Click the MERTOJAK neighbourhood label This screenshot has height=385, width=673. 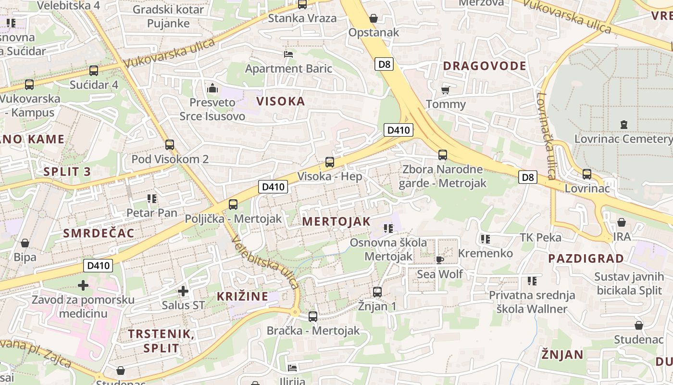coord(336,221)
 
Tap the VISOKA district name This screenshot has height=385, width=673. coord(281,101)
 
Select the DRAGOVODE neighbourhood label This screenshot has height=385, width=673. coord(485,66)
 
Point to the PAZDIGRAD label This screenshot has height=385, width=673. coord(586,258)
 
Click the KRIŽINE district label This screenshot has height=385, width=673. coord(242,296)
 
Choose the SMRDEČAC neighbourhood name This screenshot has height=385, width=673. coord(99,233)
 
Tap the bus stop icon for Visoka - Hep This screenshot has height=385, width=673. coord(330,162)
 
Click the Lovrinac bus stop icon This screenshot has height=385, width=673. coord(587,174)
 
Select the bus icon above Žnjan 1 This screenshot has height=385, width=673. coord(377,292)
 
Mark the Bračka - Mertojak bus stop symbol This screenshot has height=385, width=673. coord(313,317)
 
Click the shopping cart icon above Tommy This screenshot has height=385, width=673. coord(446,90)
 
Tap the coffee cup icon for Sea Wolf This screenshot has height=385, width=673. coord(439,260)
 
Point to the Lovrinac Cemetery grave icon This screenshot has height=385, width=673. coord(624,125)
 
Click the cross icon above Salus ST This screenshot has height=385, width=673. coord(183,291)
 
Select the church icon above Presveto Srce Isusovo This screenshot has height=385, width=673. coord(212,88)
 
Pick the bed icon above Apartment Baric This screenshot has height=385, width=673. coord(288,54)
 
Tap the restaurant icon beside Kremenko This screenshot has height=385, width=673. coord(486,239)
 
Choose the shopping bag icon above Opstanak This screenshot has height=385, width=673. coord(374,19)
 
